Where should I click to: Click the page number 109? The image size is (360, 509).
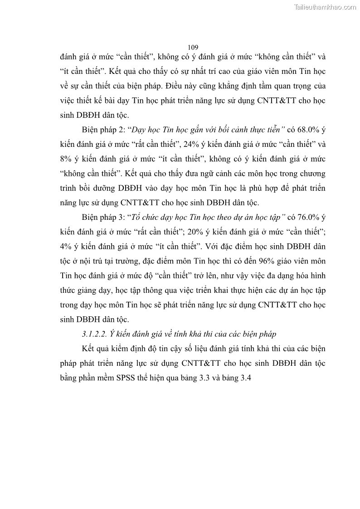[193, 47]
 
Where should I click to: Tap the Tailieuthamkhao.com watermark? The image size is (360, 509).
[326, 7]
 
